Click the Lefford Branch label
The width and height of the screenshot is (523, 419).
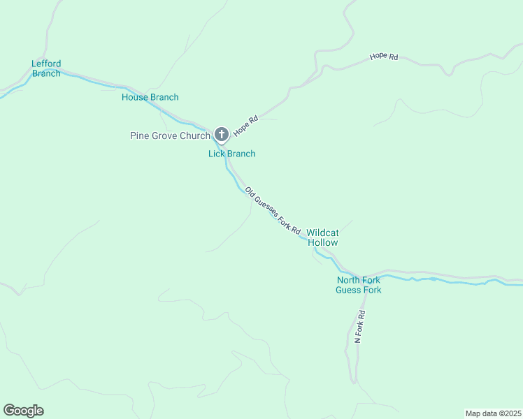(x=46, y=68)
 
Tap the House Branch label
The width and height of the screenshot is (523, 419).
(x=150, y=97)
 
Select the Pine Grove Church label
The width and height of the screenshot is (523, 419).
(x=170, y=135)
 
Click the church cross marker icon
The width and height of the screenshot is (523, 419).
(x=221, y=134)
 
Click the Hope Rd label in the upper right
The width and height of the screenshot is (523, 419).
(x=384, y=56)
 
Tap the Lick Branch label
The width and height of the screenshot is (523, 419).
(x=231, y=154)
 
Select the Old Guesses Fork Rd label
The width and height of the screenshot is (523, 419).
(x=273, y=210)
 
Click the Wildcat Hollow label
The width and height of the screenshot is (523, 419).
(x=322, y=237)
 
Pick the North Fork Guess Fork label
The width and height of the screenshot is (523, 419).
(x=358, y=285)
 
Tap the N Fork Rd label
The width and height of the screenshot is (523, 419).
(x=360, y=325)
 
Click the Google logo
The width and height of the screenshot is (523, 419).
(x=23, y=411)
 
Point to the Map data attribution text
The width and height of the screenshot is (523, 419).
(x=493, y=413)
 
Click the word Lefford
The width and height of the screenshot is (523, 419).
(x=46, y=64)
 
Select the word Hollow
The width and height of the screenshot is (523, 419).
(x=323, y=242)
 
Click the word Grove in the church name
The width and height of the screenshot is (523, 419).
(x=166, y=135)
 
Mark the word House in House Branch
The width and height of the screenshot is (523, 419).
(x=134, y=97)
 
